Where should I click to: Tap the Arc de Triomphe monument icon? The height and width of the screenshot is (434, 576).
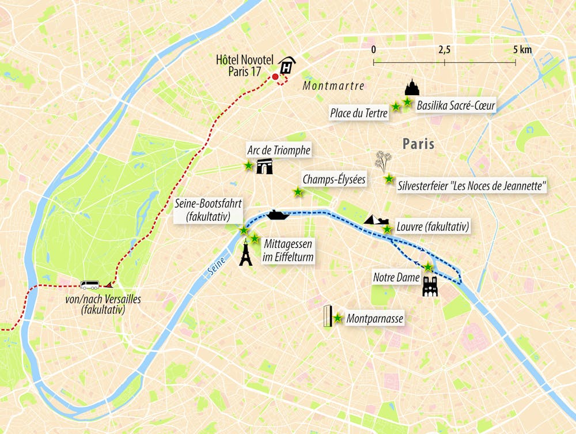click(264, 167)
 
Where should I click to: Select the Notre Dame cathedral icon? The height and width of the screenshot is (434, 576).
click(430, 286)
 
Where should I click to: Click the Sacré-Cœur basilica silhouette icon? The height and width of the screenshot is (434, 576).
click(412, 88)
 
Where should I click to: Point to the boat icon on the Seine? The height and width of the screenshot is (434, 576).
click(276, 214)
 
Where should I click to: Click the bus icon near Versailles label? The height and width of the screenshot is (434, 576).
click(90, 285)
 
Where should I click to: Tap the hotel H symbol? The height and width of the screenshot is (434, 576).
click(286, 66)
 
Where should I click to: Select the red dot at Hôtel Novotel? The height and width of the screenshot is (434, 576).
click(275, 77)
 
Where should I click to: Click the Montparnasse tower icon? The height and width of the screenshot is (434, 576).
click(328, 316)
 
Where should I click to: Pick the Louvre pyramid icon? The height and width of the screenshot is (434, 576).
click(374, 220)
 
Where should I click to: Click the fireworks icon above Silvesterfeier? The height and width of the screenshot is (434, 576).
click(382, 161)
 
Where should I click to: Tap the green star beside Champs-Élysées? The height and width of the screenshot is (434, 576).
click(298, 192)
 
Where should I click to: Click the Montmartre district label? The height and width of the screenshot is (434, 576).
click(334, 86)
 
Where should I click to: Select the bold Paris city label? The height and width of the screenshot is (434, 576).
click(418, 144)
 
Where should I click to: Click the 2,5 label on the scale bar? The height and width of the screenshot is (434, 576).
click(444, 50)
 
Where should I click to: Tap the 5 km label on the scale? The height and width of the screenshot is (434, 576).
click(522, 50)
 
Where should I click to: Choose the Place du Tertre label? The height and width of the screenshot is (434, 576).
click(358, 114)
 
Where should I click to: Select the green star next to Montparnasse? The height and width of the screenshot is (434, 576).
click(338, 318)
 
